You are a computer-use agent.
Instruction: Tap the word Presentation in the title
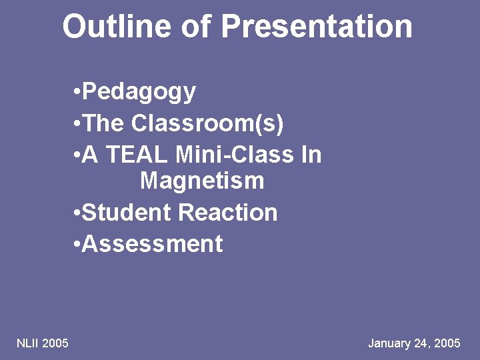317,27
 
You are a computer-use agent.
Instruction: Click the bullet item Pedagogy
139,92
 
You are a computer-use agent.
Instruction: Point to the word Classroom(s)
208,123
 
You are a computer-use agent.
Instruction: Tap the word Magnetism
202,181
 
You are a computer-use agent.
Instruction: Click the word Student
127,213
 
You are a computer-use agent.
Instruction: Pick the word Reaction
228,213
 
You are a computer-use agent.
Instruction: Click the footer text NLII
27,343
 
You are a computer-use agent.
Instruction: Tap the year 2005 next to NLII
55,343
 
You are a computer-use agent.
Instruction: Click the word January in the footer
390,343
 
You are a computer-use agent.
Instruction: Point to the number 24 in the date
423,343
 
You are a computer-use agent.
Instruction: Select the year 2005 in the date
447,343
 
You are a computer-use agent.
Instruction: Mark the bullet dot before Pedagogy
78,92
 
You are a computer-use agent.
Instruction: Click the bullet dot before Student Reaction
78,213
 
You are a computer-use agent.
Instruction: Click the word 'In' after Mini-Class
311,155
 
